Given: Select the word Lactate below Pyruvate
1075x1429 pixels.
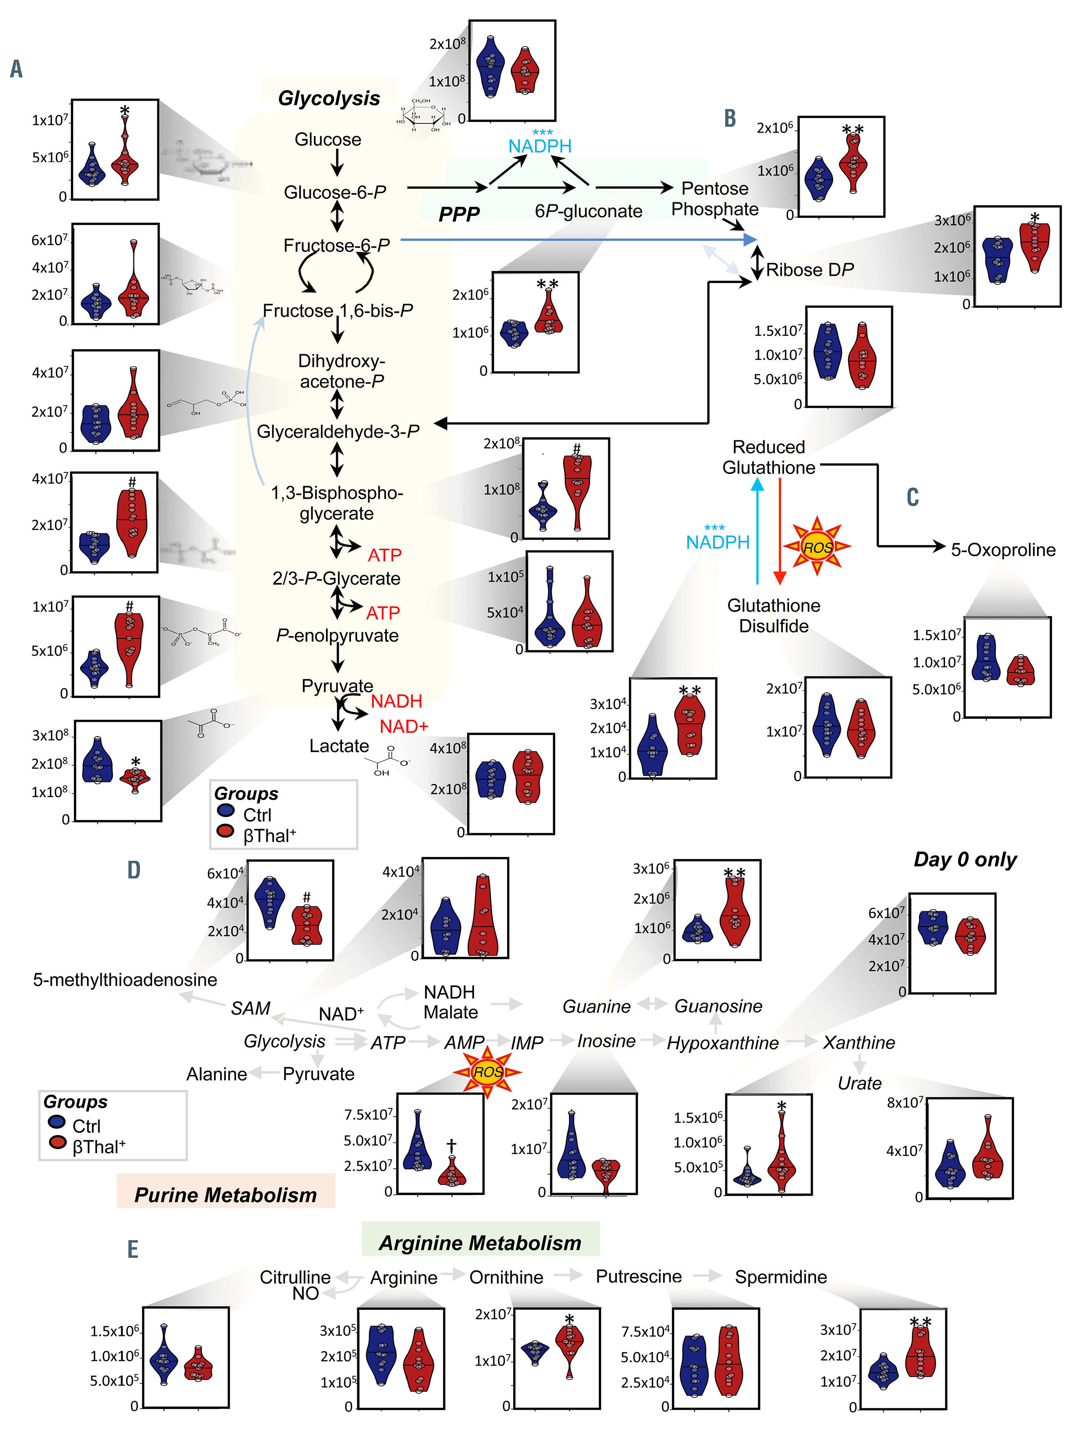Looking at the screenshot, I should tap(339, 746).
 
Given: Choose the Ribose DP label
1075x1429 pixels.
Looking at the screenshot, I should tap(810, 270).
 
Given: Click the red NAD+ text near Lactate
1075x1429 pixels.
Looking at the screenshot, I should tap(404, 726).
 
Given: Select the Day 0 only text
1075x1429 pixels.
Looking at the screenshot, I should tap(965, 859).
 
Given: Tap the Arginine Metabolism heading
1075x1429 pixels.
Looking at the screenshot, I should tap(480, 1242).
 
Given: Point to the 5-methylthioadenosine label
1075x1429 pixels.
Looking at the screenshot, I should tap(125, 979).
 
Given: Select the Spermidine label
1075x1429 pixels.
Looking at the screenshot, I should tap(780, 1276).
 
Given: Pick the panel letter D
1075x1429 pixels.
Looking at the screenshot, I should tap(134, 869).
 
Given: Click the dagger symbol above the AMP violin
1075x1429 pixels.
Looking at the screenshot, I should tap(451, 1146).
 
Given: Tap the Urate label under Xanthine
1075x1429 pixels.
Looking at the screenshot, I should tap(859, 1083).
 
